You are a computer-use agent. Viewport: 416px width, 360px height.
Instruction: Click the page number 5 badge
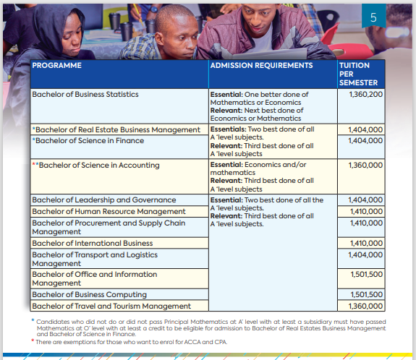(373, 17)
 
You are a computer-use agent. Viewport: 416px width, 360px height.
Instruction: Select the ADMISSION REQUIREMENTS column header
(260, 66)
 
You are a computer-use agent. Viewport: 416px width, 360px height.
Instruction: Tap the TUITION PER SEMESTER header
(357, 74)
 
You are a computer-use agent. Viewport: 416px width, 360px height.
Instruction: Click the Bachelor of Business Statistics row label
(85, 95)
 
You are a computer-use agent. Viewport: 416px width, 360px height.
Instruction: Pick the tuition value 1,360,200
(365, 95)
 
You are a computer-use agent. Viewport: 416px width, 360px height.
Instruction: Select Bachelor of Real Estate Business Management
(119, 130)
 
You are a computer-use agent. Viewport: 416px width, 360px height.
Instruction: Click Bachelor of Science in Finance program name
(88, 140)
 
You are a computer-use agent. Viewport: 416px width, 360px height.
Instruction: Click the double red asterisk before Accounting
(35, 165)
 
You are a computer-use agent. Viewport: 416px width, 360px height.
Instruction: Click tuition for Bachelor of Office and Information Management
(365, 275)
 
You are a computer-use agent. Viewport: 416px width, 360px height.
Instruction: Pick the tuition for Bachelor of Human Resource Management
(365, 212)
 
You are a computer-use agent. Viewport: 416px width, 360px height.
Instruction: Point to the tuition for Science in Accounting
(365, 166)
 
